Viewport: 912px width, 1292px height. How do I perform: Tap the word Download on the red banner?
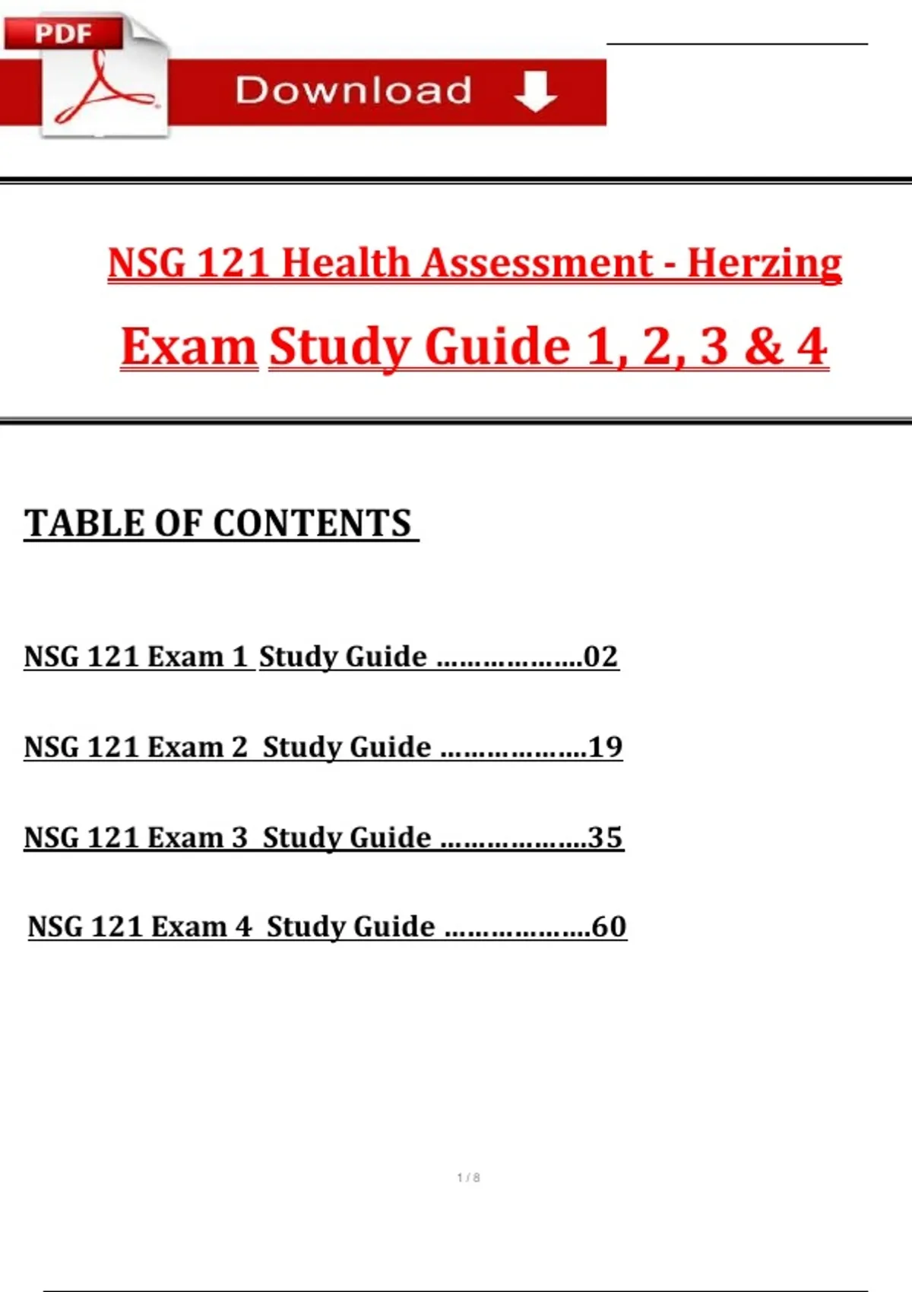pyautogui.click(x=353, y=90)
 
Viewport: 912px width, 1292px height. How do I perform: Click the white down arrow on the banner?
pyautogui.click(x=536, y=91)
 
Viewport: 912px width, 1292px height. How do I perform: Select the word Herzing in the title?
pyautogui.click(x=765, y=264)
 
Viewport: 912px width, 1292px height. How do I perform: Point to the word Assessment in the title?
pyautogui.click(x=537, y=264)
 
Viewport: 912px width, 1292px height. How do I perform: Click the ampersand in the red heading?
pyautogui.click(x=763, y=347)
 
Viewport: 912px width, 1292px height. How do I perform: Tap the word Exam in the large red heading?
pyautogui.click(x=189, y=347)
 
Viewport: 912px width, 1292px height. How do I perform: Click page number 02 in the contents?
pyautogui.click(x=600, y=657)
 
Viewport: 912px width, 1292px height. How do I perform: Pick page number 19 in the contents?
pyautogui.click(x=606, y=747)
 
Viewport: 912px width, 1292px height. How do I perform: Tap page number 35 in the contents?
pyautogui.click(x=606, y=838)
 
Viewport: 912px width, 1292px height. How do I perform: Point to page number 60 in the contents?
pyautogui.click(x=609, y=926)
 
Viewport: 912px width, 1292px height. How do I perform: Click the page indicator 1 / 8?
pyautogui.click(x=468, y=1177)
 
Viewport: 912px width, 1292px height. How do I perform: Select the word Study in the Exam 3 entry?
pyautogui.click(x=298, y=838)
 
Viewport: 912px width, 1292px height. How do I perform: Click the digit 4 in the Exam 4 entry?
pyautogui.click(x=243, y=926)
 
